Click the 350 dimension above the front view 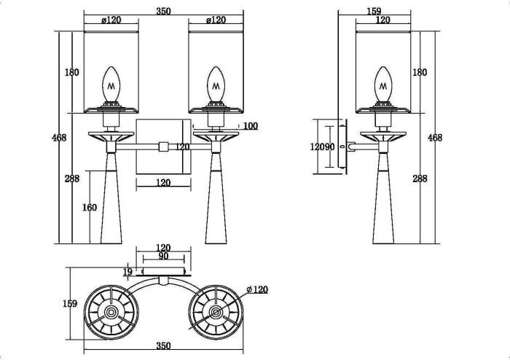coord(163,11)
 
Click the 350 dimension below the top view coord(163,346)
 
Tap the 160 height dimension coord(89,208)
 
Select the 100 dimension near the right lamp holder coord(250,126)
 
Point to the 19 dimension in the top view coord(127,272)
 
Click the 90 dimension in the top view coord(163,257)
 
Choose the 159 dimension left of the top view coord(70,304)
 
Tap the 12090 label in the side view coord(322,146)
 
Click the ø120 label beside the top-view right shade coord(257,289)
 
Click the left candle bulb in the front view coord(111,85)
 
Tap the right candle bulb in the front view coord(215,85)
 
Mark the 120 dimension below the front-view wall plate coord(163,183)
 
